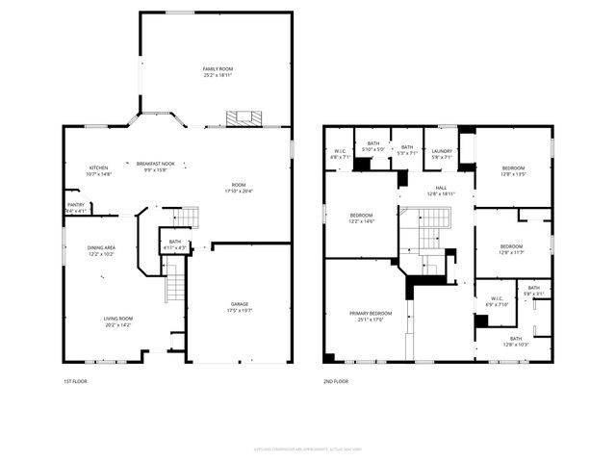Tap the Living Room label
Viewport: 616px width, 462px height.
click(118, 321)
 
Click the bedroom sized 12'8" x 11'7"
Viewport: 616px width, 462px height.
click(511, 248)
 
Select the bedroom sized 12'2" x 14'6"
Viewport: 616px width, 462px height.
click(361, 218)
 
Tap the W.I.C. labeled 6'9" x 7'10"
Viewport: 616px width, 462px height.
click(497, 301)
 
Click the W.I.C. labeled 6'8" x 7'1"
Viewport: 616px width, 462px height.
click(341, 152)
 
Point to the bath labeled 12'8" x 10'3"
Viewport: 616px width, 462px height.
click(515, 341)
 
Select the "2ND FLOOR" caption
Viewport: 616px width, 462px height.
click(336, 382)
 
